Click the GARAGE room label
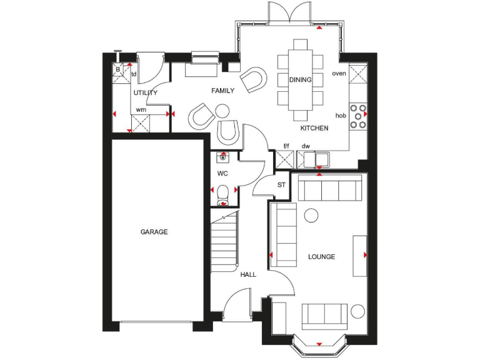pos(154,232)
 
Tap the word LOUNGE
pos(322,257)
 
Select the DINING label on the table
pos(300,80)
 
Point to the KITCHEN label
pos(314,128)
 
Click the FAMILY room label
pos(222,91)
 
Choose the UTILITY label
pos(145,92)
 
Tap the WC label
pos(222,172)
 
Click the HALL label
pos(248,274)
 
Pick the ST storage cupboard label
pos(281,185)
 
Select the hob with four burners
pos(358,116)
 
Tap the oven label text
pos(339,74)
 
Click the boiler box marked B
pos(117,69)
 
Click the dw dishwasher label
pos(306,147)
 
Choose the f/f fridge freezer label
pos(286,147)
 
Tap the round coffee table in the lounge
pos(311,216)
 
